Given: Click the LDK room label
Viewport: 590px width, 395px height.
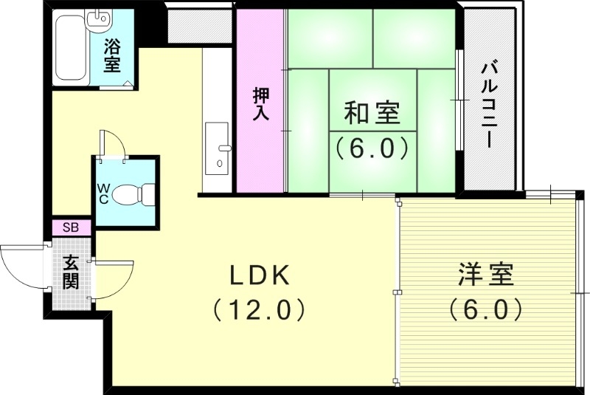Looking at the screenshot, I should (258, 275).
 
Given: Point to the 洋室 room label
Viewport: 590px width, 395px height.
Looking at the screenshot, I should (485, 275).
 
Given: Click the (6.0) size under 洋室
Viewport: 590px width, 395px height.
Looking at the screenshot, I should (486, 309).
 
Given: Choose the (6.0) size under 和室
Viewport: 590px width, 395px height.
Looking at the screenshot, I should (372, 148).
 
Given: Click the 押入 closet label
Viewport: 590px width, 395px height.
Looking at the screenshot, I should (260, 103).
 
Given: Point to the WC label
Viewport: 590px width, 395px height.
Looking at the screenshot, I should (103, 194).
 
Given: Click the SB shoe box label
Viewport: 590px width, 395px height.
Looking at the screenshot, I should (71, 227).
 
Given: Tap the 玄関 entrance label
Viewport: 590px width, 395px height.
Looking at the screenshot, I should (71, 272).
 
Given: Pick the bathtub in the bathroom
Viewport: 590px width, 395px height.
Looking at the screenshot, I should (71, 50).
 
